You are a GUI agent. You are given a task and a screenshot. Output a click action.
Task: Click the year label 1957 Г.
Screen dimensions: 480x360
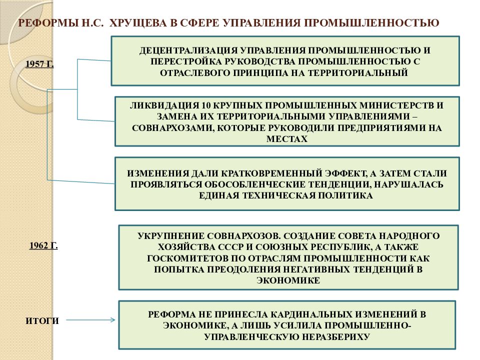click(x=39, y=64)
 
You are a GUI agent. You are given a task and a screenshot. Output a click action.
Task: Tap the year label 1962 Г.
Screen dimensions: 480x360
click(x=43, y=245)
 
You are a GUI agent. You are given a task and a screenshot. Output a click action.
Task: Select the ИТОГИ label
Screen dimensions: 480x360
click(x=42, y=321)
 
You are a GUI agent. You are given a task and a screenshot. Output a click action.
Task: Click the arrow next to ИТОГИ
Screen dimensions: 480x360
click(x=90, y=320)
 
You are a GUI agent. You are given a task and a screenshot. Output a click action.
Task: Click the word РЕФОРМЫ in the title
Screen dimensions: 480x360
click(x=48, y=23)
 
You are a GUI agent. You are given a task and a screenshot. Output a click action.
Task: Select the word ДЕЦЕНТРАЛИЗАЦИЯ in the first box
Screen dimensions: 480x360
click(x=188, y=50)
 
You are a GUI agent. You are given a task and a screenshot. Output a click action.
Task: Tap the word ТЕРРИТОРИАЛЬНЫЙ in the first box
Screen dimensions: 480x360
click(x=357, y=73)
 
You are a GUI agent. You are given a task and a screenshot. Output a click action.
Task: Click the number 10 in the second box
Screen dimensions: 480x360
click(x=206, y=105)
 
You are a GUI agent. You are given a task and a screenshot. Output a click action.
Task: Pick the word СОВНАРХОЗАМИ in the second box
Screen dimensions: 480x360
click(x=172, y=127)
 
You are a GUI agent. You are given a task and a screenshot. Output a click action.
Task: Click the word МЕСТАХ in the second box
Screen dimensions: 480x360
click(x=287, y=139)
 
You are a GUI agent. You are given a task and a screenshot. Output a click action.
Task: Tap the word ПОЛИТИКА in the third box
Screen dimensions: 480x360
click(x=344, y=195)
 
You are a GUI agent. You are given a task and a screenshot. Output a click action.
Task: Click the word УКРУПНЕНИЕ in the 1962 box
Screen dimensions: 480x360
click(x=171, y=235)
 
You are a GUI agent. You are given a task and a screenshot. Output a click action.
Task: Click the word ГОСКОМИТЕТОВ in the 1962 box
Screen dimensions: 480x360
click(x=187, y=258)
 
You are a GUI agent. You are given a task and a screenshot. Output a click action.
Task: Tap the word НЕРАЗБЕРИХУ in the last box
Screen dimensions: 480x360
click(x=335, y=336)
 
